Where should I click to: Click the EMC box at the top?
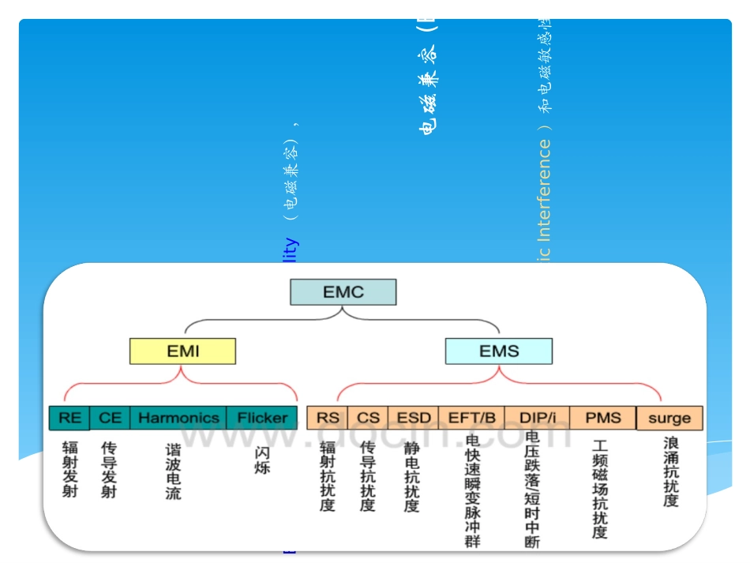click(343, 292)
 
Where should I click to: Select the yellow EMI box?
click(183, 351)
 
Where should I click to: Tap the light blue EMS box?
click(499, 351)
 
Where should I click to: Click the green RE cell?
click(69, 418)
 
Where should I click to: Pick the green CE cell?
click(110, 418)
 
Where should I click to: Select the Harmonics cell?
click(178, 418)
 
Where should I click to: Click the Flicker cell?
click(262, 418)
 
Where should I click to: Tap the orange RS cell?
click(327, 418)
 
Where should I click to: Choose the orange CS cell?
click(368, 418)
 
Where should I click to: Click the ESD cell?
click(414, 418)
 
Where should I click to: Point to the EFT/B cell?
click(471, 418)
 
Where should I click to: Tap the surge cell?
click(669, 418)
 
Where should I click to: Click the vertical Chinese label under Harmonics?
click(173, 471)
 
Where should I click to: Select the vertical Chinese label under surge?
click(670, 471)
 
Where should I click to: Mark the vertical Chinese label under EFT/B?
click(472, 490)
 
